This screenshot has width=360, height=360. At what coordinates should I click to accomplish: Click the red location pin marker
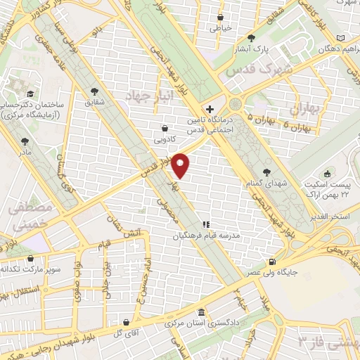coord(181,165)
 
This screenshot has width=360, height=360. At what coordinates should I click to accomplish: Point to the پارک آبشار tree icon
coord(251,38)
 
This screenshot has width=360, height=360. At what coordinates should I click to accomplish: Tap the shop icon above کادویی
coord(165,129)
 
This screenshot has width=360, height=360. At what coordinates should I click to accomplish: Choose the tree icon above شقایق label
coord(96,91)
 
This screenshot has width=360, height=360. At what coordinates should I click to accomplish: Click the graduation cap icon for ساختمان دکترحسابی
coord(30,93)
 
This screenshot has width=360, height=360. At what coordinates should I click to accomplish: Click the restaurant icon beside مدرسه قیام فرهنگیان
coord(206,224)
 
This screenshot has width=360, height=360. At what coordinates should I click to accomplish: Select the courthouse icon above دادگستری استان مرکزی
coord(201,313)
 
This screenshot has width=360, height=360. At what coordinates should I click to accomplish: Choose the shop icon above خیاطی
coord(221,17)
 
